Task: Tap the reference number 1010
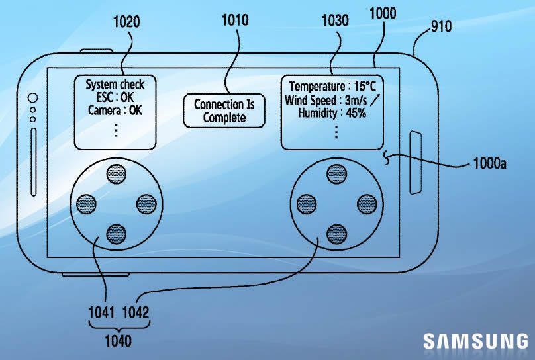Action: coord(234,20)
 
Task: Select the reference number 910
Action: coord(441,26)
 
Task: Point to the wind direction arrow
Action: coord(375,100)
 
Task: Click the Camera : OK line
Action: coord(115,111)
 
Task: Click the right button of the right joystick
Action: coord(365,203)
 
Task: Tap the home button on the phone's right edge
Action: coord(416,163)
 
